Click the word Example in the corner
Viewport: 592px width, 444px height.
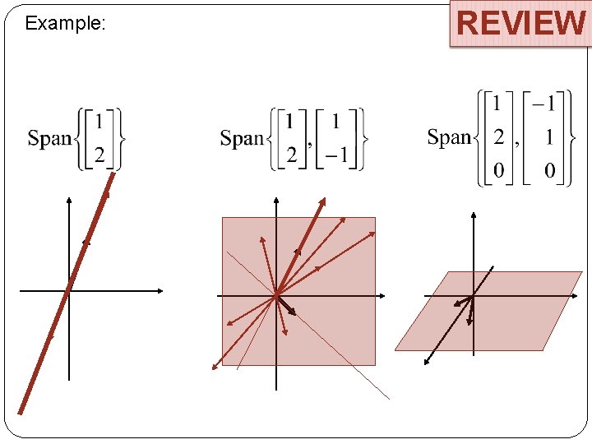(65, 23)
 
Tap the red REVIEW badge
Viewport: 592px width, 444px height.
(520, 23)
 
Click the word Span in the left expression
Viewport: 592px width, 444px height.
(50, 138)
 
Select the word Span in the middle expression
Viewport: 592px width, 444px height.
(242, 138)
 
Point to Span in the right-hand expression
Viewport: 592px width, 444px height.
(449, 136)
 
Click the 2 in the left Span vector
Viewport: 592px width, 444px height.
(99, 155)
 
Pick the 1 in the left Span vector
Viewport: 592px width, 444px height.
(99, 122)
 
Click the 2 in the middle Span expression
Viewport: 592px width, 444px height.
(290, 155)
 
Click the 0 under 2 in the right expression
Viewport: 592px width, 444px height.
(498, 170)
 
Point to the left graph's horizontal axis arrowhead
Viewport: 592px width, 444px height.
(160, 290)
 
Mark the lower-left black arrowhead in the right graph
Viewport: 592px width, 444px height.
(425, 363)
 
